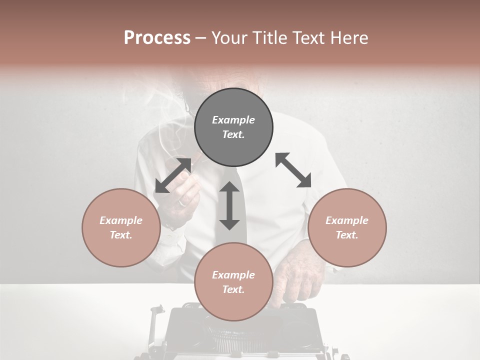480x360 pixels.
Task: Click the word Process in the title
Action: click(157, 37)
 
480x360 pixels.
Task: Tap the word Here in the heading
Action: click(349, 37)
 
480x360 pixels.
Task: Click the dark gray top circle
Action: click(233, 127)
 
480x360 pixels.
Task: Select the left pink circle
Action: click(121, 227)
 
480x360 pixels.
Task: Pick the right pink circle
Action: click(347, 227)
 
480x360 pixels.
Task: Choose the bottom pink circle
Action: click(233, 282)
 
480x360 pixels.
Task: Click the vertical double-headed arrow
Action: click(229, 205)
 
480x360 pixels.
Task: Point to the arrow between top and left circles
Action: click(173, 175)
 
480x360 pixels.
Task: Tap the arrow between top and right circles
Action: click(293, 170)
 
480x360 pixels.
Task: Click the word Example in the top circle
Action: click(233, 120)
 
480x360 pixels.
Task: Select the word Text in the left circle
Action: click(121, 235)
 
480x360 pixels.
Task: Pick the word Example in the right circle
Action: click(347, 220)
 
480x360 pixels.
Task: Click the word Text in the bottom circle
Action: click(233, 289)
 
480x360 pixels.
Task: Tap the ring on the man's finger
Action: click(182, 203)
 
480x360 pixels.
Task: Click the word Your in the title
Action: click(227, 37)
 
